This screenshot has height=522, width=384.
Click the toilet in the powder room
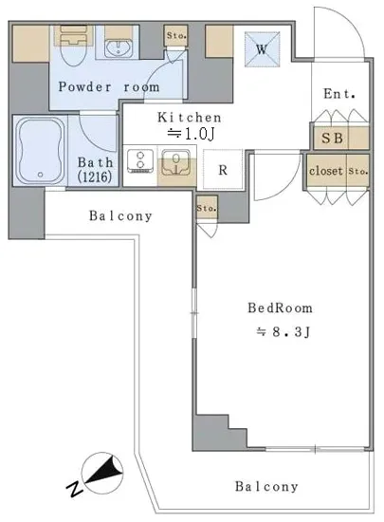75,46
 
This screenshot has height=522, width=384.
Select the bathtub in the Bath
40,151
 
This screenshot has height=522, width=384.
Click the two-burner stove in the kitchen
140,161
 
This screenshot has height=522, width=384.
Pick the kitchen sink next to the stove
175,162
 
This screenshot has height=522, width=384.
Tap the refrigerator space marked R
223,170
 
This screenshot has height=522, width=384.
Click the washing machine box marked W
262,49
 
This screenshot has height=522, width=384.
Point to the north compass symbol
99,474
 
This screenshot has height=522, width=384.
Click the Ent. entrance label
339,94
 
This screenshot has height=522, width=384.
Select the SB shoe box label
332,138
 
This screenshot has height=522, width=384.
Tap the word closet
326,171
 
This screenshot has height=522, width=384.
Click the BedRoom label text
280,308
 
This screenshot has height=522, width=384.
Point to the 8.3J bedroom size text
283,332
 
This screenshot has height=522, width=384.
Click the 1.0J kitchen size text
191,134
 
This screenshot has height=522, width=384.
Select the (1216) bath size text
95,177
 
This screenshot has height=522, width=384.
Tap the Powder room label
109,87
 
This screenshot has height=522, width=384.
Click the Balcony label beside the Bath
120,216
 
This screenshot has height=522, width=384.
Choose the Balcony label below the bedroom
266,487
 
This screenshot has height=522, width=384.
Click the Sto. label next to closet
358,172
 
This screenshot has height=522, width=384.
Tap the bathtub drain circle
41,175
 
